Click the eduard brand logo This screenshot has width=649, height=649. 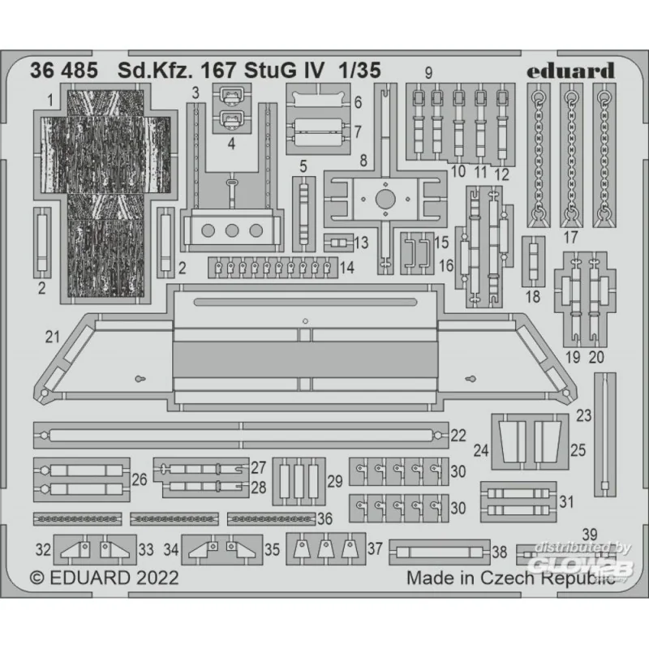point(570,71)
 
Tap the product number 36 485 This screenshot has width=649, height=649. point(64,71)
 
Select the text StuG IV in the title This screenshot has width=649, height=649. point(284,71)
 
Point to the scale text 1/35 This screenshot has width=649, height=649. point(359,71)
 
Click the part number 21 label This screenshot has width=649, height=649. point(53,337)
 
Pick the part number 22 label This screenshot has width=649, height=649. point(458,435)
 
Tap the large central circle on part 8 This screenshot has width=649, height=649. point(385,200)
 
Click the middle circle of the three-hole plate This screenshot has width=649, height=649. point(232,230)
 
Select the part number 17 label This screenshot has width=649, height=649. point(571,237)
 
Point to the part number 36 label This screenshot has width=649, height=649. point(325,518)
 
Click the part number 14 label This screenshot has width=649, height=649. point(346,268)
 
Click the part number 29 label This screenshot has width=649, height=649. point(335,481)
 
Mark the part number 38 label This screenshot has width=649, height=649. point(499,552)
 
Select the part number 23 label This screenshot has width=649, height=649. point(584,415)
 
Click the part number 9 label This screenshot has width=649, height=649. point(428,73)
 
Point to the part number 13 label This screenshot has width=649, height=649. point(361,243)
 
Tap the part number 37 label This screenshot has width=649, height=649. point(375,549)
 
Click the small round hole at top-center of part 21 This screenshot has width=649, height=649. point(305,321)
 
